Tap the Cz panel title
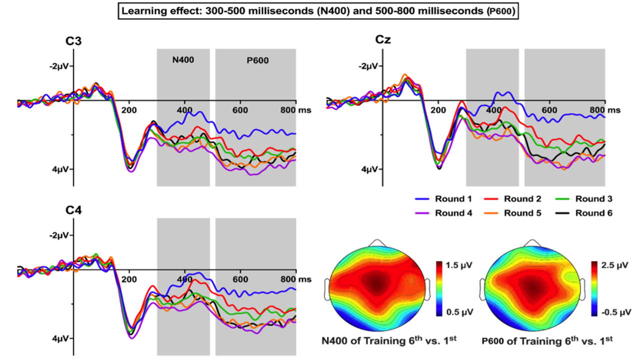[383, 39]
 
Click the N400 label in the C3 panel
[182, 59]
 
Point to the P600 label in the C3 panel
[257, 60]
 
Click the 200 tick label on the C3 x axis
[129, 110]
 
